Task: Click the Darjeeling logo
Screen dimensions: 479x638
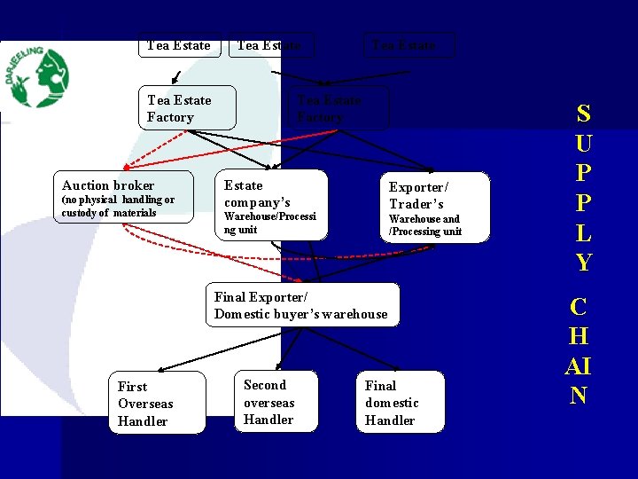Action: [37, 77]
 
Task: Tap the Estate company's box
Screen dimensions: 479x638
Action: [274, 205]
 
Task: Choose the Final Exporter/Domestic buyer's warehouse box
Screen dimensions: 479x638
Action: [302, 305]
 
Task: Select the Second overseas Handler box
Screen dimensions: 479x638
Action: [275, 401]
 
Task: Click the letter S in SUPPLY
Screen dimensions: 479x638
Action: [583, 114]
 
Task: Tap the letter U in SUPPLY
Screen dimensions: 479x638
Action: [583, 143]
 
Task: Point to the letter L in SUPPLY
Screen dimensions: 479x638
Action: [583, 232]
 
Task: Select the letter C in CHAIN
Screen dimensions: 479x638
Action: [579, 308]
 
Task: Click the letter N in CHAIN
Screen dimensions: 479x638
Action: [578, 396]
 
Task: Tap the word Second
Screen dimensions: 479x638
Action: [265, 385]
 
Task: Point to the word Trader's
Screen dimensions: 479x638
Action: [416, 204]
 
